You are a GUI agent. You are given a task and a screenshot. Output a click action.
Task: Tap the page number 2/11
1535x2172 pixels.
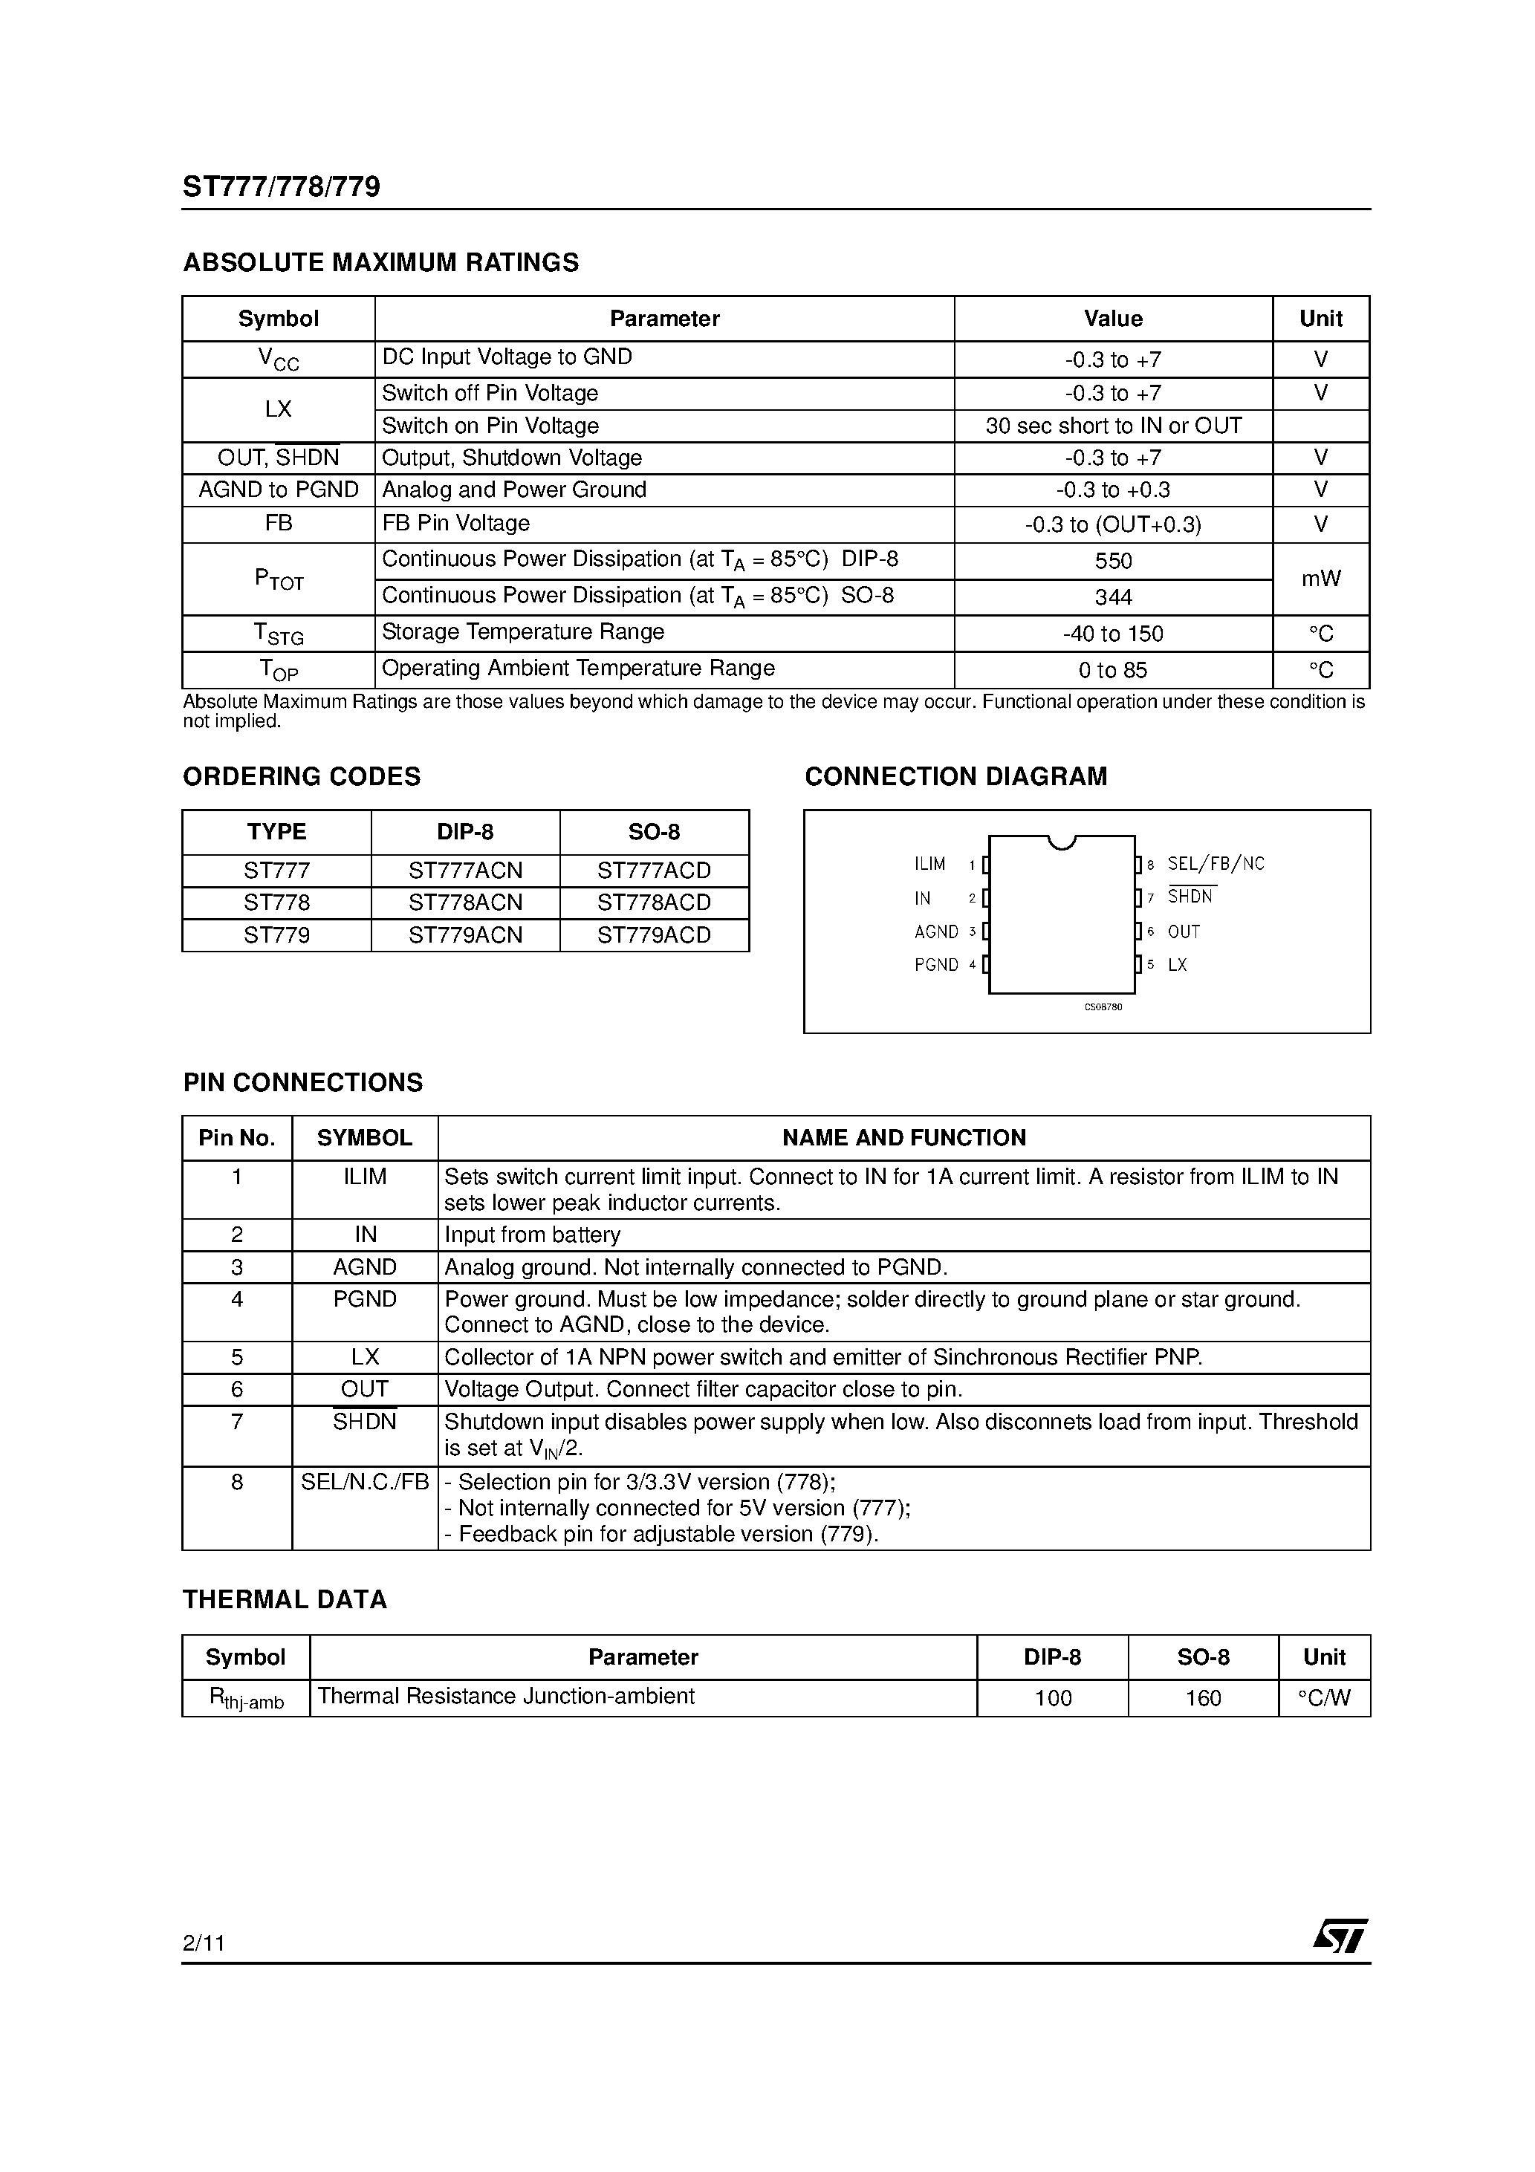[x=204, y=1943]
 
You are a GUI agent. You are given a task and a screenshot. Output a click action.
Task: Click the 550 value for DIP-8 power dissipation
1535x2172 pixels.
[x=1113, y=561]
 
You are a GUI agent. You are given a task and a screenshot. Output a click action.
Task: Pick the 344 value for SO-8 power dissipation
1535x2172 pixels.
[x=1113, y=597]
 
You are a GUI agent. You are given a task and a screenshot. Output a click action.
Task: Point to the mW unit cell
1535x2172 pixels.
[x=1320, y=578]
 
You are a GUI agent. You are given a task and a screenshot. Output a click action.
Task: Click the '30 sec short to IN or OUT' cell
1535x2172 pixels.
[x=1113, y=426]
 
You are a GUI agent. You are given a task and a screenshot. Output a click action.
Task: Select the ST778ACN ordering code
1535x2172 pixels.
[x=464, y=903]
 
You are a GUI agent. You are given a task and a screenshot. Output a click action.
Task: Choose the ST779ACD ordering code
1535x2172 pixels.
[x=653, y=934]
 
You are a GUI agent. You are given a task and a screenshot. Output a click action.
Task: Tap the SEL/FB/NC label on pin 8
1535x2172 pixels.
[x=1215, y=864]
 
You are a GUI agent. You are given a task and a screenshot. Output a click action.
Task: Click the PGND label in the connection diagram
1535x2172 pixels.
[x=936, y=965]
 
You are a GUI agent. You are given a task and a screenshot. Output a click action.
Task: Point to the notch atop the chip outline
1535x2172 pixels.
[x=1062, y=841]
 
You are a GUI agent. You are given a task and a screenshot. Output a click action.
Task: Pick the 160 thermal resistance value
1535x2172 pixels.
[x=1203, y=1698]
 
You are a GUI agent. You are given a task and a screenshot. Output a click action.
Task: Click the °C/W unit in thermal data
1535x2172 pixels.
[x=1323, y=1698]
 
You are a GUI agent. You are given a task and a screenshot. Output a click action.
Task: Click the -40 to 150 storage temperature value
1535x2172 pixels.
[x=1113, y=634]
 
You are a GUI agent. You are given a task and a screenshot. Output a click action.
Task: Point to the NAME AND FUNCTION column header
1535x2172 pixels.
[x=903, y=1138]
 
